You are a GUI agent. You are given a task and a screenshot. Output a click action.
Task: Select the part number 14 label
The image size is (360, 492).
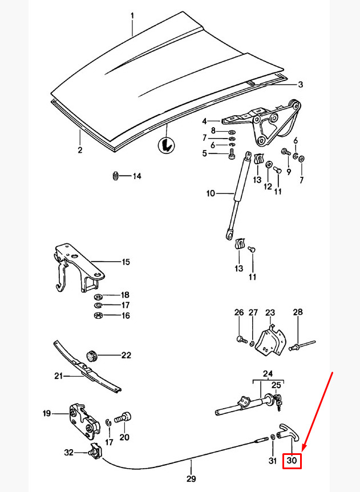tap(136, 176)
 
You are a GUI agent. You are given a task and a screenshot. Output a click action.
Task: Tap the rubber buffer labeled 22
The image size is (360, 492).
tap(91, 356)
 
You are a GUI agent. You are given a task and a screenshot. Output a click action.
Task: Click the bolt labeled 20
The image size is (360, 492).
tap(123, 418)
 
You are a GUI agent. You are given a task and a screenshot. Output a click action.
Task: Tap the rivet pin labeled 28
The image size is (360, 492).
tap(302, 345)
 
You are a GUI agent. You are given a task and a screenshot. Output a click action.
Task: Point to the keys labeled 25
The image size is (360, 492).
tap(277, 402)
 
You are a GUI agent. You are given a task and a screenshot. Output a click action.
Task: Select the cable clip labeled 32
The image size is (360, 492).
tap(95, 452)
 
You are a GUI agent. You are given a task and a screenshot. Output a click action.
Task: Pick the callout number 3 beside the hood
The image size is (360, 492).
tap(300, 85)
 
